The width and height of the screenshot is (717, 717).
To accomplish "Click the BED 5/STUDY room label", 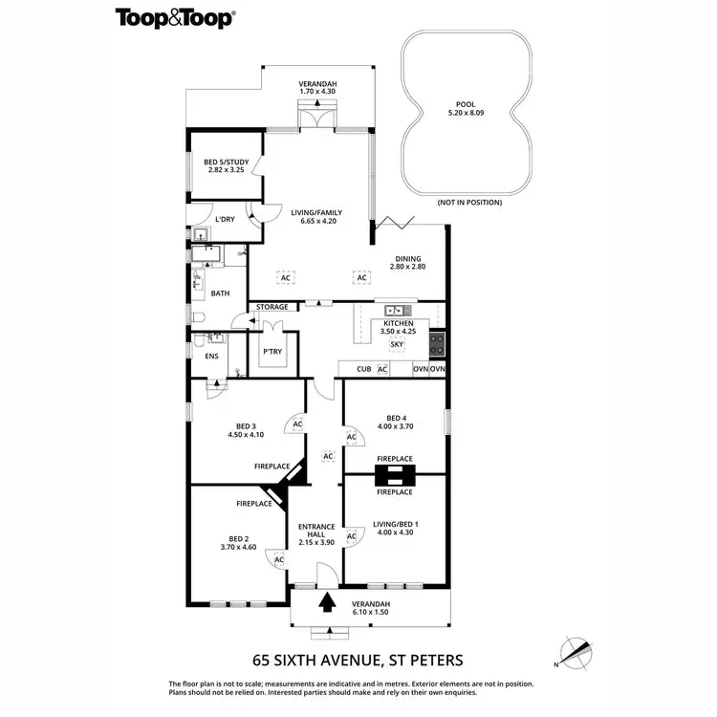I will [x=227, y=163].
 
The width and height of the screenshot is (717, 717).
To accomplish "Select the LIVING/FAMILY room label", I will [x=316, y=213].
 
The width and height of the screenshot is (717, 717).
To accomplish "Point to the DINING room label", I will [x=407, y=258].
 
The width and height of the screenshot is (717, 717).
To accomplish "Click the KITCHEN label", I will [x=398, y=324].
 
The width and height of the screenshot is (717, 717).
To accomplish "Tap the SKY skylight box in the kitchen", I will [x=398, y=344].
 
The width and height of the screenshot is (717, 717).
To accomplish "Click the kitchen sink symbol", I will [x=395, y=311].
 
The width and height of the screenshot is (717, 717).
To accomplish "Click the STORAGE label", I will [x=272, y=307].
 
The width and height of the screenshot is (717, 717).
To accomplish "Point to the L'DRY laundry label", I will [x=225, y=220].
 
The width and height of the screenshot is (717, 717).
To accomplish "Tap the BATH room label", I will [x=220, y=293].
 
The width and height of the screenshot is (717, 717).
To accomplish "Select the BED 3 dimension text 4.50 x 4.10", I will [x=246, y=435].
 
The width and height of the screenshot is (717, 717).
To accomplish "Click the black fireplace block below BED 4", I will [x=394, y=475].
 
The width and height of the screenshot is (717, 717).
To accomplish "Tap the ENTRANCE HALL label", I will [x=317, y=532].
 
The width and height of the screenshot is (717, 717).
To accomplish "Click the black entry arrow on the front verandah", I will [x=328, y=602].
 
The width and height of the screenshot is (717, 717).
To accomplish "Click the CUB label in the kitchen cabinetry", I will [x=363, y=369].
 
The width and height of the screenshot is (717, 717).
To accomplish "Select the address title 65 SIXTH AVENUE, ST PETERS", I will [x=358, y=659].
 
